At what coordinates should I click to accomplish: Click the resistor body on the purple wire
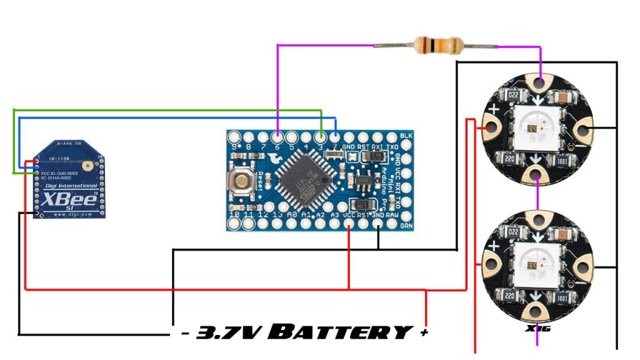point(438,45)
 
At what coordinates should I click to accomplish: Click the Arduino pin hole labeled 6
point(277,137)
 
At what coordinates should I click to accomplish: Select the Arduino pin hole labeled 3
point(321,137)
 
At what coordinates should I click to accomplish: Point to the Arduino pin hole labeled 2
point(335,137)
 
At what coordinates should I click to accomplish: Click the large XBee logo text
point(69,200)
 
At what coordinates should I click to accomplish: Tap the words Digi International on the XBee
point(69,186)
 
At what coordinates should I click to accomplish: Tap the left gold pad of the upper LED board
point(491,129)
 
